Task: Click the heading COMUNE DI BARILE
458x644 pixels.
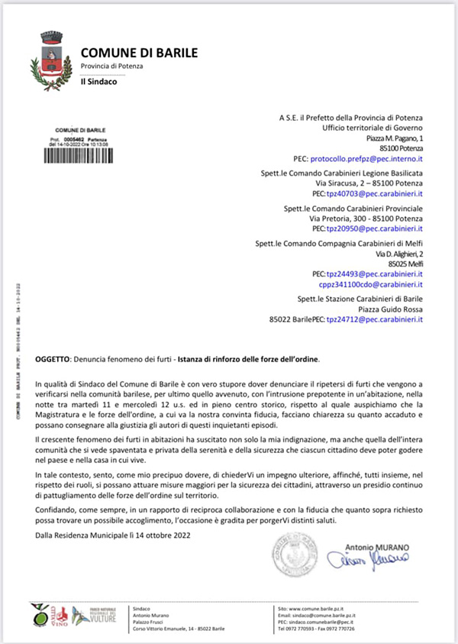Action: (139, 53)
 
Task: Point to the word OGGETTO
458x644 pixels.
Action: (52, 359)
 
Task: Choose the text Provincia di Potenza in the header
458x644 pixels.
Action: (111, 66)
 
